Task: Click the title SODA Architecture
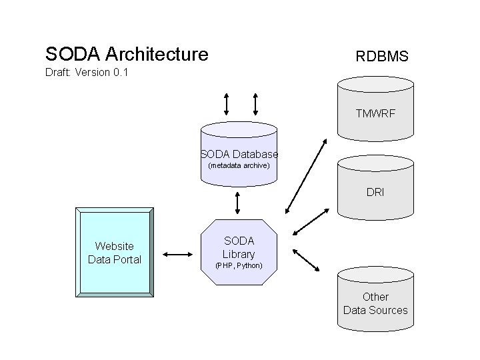(x=127, y=54)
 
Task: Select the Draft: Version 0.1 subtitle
(x=86, y=72)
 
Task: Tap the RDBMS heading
(x=381, y=57)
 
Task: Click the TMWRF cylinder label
(x=375, y=114)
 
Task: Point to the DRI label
(x=375, y=193)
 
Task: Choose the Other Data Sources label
(x=375, y=303)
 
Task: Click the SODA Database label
(x=239, y=154)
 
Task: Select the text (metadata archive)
(x=239, y=165)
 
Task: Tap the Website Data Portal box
(x=114, y=253)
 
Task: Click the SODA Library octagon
(x=239, y=250)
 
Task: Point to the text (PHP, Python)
(x=239, y=265)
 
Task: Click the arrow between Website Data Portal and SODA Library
(x=177, y=254)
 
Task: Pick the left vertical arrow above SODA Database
(x=227, y=103)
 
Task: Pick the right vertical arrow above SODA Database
(x=255, y=103)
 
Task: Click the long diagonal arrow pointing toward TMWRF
(x=305, y=175)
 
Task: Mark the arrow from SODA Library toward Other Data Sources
(x=307, y=260)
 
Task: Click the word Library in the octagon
(x=239, y=254)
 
